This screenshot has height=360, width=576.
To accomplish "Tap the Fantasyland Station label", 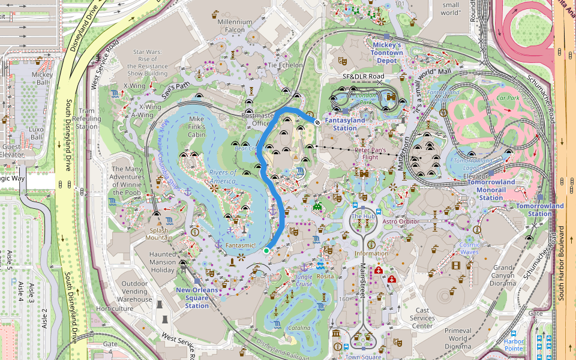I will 344,124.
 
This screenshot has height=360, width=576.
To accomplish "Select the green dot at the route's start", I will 266,251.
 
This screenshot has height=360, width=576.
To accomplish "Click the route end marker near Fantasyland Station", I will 317,121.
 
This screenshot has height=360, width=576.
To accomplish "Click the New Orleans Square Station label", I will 197,298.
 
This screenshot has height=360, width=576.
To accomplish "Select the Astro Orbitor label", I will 400,221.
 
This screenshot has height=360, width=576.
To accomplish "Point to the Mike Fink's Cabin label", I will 196,127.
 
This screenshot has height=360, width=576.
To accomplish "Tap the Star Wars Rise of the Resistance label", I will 148,62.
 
